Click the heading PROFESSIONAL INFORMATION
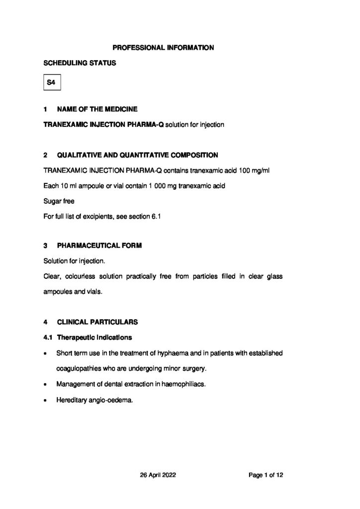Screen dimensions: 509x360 tap(163, 48)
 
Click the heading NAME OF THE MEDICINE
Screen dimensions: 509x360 tap(97, 109)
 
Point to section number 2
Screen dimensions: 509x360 tap(46, 155)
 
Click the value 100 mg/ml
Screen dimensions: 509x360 tap(250, 170)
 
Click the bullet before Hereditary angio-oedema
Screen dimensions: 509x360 tap(46, 400)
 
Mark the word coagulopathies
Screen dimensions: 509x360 tap(80, 369)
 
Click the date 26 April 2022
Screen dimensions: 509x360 tap(158, 475)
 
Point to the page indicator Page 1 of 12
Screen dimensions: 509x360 tap(266, 475)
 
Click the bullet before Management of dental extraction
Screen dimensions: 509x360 tap(46, 384)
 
